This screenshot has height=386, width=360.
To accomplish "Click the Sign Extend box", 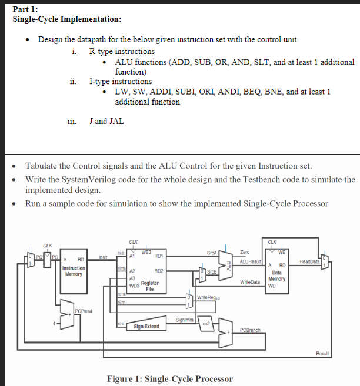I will click(x=146, y=326).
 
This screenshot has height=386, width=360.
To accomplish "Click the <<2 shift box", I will click(x=208, y=324).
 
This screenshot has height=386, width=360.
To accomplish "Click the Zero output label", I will click(x=245, y=252).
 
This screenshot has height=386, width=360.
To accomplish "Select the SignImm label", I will click(x=184, y=320).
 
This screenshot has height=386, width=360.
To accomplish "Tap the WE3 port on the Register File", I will click(x=147, y=252).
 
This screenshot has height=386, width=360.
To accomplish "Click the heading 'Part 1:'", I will click(x=25, y=9).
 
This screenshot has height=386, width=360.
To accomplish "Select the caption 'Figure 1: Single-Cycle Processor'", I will click(x=169, y=378).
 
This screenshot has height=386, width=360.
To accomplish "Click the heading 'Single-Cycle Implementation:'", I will click(x=67, y=19).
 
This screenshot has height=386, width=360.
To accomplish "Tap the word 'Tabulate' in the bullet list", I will click(x=43, y=166).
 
